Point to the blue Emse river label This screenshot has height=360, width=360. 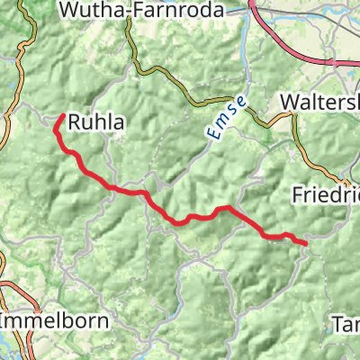coord(222,118)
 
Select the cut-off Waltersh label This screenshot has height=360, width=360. coord(319,102)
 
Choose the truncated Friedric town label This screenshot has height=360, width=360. coord(326,193)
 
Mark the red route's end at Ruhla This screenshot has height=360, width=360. coord(61,116)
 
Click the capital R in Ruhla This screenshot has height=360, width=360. coord(74,123)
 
